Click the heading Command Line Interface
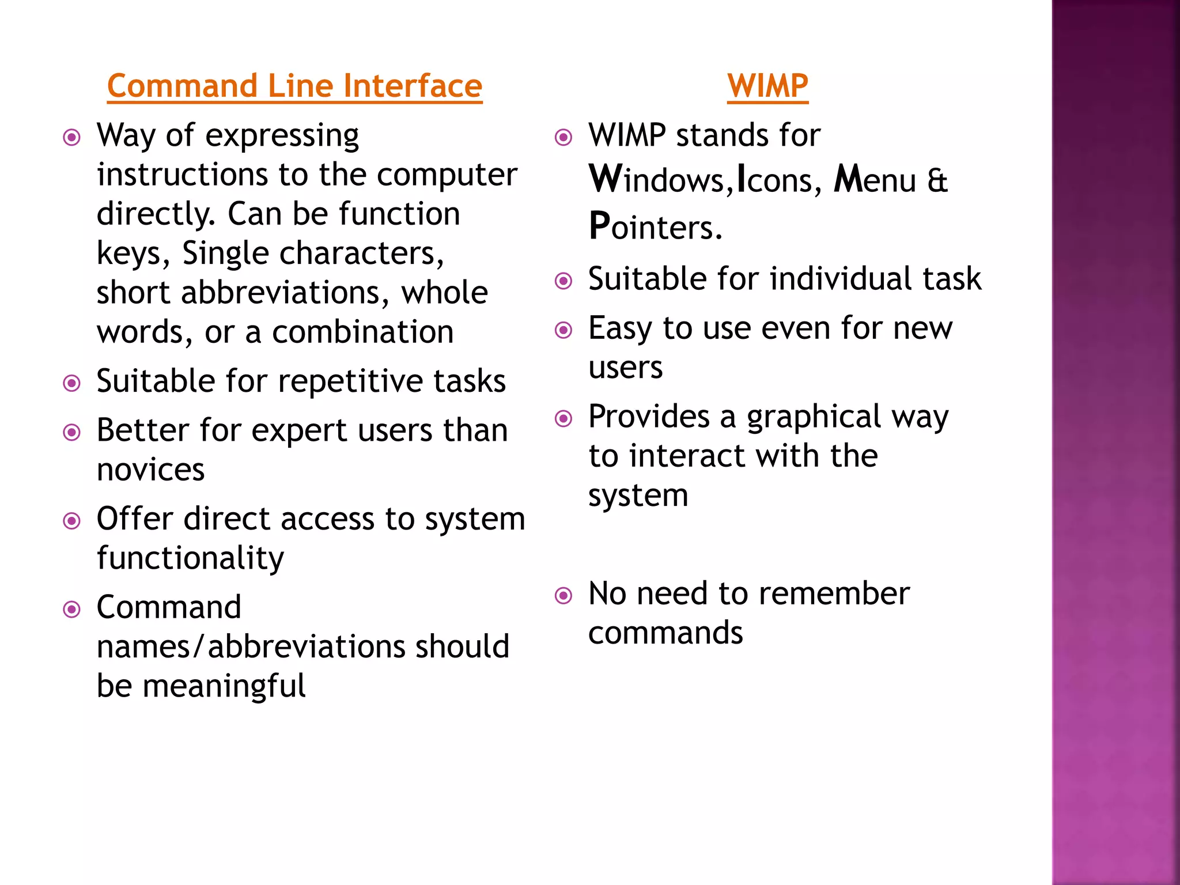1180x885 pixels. (x=294, y=86)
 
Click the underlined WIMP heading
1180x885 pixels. (x=767, y=86)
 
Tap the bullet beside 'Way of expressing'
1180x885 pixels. (x=72, y=138)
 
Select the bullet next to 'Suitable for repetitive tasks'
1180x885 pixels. (x=72, y=383)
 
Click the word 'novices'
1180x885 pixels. (x=150, y=470)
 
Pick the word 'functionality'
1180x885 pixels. (x=190, y=558)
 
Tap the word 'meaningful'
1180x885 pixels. (x=224, y=686)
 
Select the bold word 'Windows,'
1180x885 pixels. (x=661, y=180)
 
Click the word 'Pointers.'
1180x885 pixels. (x=655, y=226)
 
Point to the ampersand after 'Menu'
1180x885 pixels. (x=937, y=180)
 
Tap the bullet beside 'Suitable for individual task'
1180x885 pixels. (x=563, y=281)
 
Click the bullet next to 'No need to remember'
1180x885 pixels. (x=563, y=595)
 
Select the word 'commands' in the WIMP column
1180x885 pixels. (x=665, y=633)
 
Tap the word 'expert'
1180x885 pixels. (x=299, y=431)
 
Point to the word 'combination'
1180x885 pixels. (x=362, y=332)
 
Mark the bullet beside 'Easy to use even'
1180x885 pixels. (x=563, y=330)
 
